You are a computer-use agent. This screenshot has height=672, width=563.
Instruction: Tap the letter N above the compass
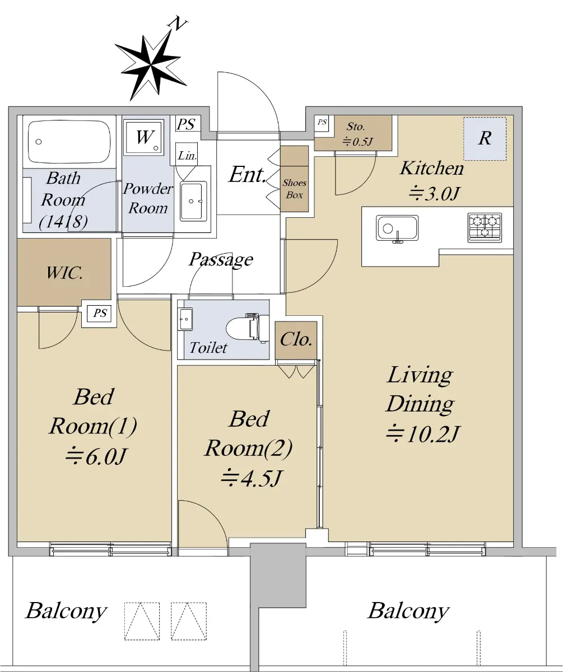tap(178, 24)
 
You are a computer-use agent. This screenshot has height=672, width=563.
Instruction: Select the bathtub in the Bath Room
tap(69, 142)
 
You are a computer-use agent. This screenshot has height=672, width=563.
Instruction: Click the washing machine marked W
tap(144, 137)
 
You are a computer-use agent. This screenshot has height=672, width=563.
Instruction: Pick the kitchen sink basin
tap(397, 228)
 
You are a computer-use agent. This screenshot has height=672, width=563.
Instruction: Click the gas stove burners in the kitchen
tap(485, 227)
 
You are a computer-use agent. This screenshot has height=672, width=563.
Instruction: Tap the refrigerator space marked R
tap(485, 138)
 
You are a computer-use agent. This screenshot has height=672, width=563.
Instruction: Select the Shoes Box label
tap(294, 189)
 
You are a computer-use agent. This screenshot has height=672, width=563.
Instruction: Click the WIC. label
tap(64, 273)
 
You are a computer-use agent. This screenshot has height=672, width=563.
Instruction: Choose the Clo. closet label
tap(296, 339)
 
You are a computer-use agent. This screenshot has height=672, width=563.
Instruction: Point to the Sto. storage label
tap(355, 127)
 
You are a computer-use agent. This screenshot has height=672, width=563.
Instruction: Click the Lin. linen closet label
tap(187, 156)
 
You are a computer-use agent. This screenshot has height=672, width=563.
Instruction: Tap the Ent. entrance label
tap(248, 174)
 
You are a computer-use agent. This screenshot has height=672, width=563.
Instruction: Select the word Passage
tap(221, 259)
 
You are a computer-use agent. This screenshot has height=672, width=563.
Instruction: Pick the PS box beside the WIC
tap(100, 313)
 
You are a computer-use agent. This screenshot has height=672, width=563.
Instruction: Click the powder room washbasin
tap(193, 201)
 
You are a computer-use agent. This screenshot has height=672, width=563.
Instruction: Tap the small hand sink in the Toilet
tap(185, 319)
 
